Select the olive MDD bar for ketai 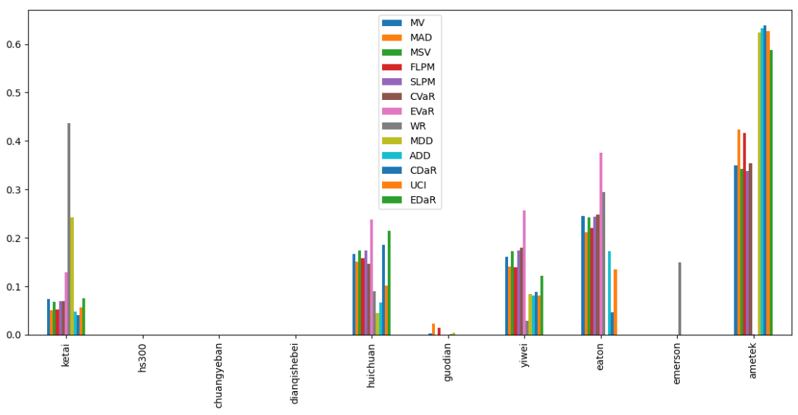(x=72, y=276)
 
